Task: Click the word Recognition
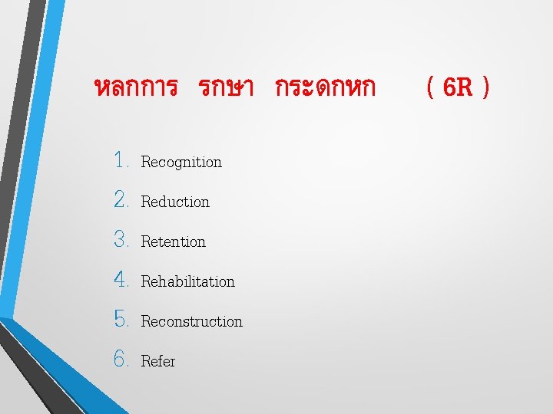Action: coord(181,163)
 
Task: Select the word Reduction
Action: coord(175,202)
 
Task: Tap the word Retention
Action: coord(174,242)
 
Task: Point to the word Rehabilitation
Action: coord(188,282)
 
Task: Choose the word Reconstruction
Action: coord(192,322)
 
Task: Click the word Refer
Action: coord(158,361)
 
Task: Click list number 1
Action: coord(121,161)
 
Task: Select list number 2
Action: coord(121,201)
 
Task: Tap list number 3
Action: coord(121,241)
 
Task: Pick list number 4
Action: coord(121,281)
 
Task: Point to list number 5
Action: coord(121,320)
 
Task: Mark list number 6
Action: coord(121,360)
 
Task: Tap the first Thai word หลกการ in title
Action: coord(135,88)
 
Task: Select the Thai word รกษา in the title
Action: coord(226,88)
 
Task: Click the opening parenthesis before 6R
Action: coord(432,88)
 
